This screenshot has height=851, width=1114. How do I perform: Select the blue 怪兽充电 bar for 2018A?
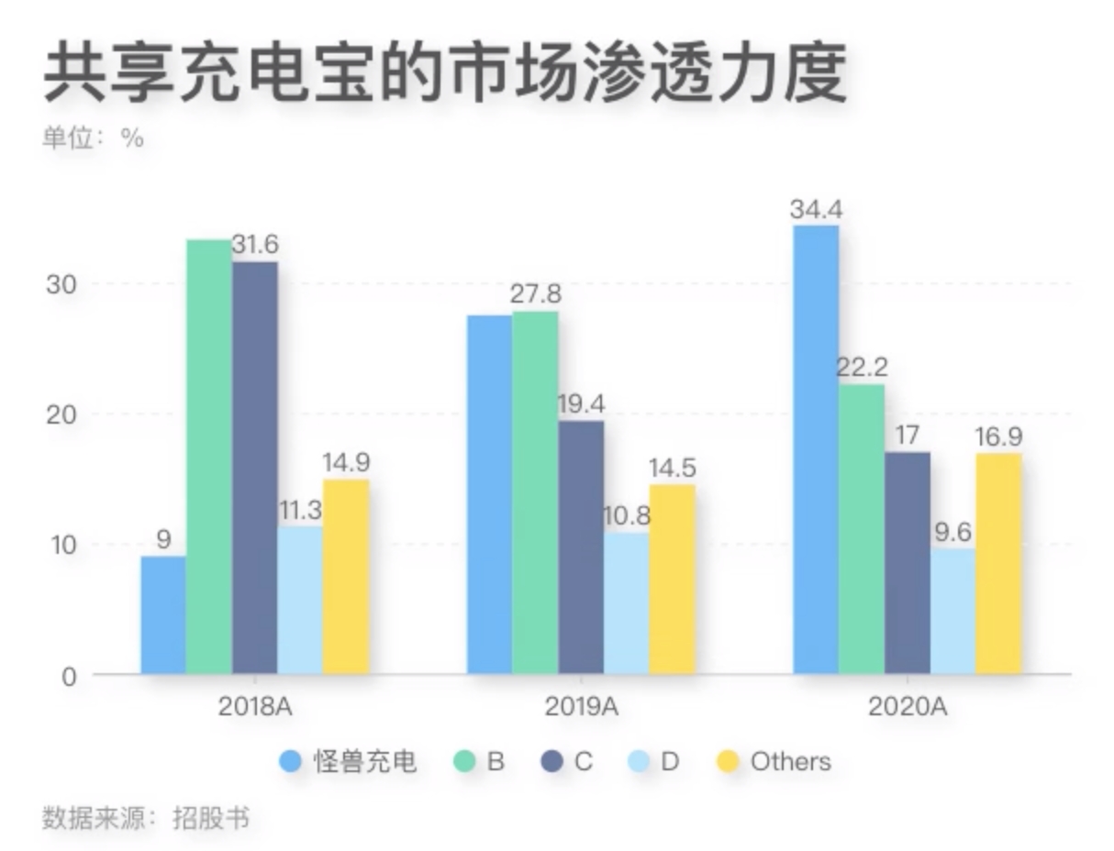point(163,615)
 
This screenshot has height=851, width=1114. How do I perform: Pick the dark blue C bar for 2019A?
point(581,547)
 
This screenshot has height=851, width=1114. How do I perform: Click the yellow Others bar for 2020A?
point(998,564)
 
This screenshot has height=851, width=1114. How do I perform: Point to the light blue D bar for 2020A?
point(952,612)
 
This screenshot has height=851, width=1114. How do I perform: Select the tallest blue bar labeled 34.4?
point(816,449)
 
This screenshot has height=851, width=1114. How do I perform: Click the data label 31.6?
point(254,246)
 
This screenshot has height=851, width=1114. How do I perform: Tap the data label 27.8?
point(535,295)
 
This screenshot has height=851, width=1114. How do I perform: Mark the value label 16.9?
point(998,437)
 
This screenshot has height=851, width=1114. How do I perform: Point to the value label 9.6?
point(952,532)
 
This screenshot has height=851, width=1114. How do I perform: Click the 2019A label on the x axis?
point(581,707)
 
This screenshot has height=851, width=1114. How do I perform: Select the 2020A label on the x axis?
point(907,707)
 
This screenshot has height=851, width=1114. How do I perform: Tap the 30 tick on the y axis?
point(60,283)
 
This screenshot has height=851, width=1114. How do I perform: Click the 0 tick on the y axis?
point(68,676)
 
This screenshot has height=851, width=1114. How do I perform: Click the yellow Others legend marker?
point(728,761)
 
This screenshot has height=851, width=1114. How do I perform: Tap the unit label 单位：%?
point(93,138)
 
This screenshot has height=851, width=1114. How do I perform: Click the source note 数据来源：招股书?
point(145,817)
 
